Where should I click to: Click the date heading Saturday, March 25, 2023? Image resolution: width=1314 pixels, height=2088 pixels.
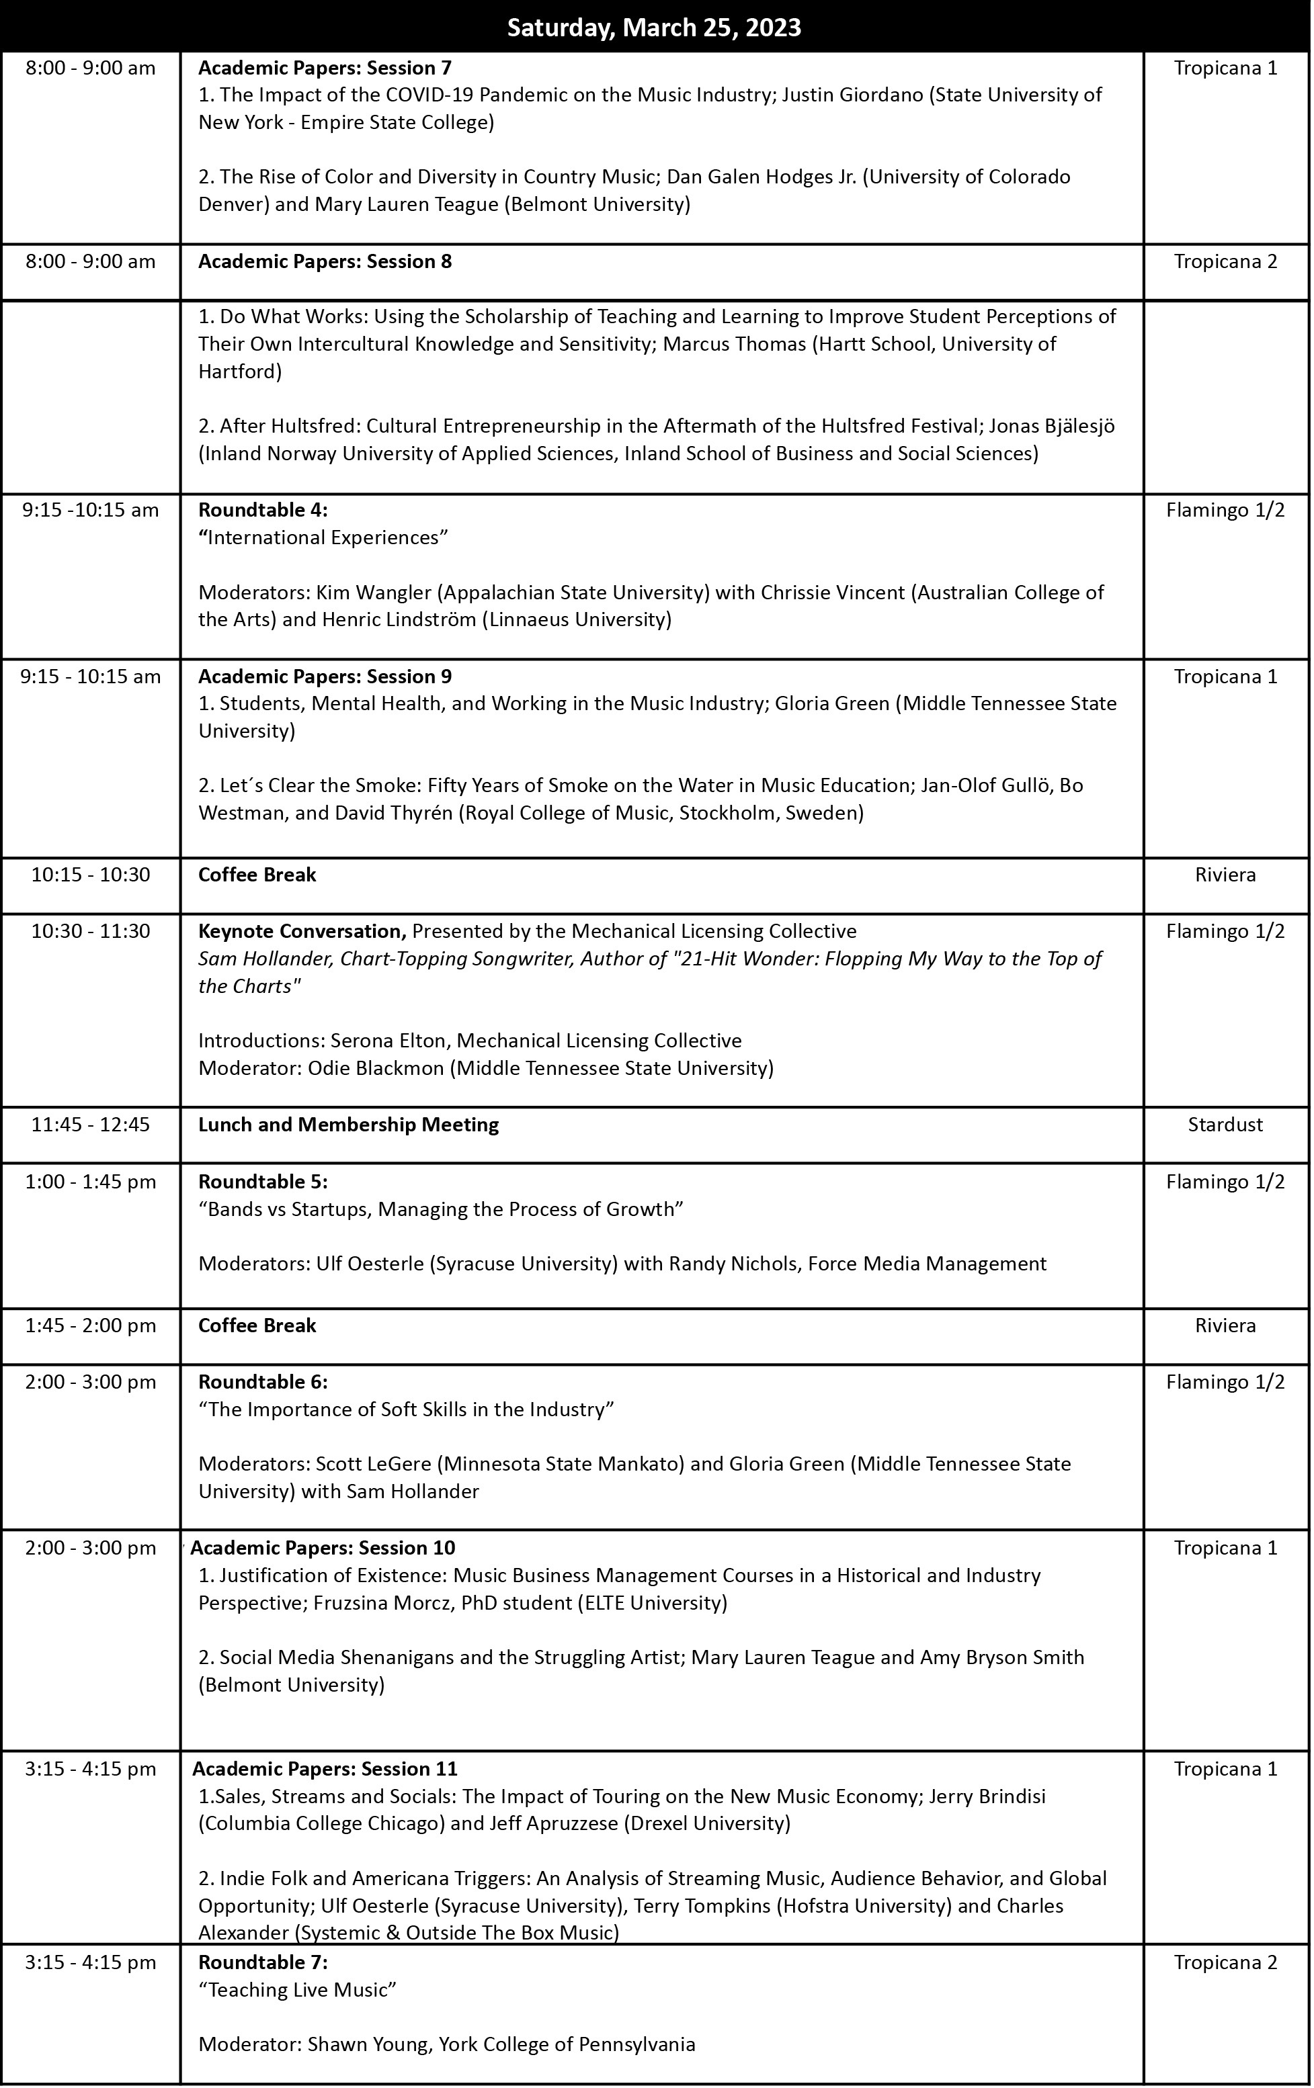(x=654, y=28)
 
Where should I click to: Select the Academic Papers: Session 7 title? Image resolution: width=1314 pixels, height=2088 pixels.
(x=325, y=68)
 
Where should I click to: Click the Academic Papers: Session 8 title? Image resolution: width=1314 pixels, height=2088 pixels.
(x=325, y=262)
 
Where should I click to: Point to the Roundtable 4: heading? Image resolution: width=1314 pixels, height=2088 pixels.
(x=263, y=510)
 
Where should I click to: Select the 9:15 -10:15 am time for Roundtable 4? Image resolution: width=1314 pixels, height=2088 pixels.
(x=91, y=510)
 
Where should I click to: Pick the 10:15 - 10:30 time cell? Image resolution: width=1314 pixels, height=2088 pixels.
(x=91, y=874)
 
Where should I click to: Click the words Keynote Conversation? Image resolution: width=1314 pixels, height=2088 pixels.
(x=301, y=931)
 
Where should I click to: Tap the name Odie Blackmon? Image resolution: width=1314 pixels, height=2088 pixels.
(x=376, y=1068)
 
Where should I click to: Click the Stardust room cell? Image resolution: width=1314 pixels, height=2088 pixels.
(x=1225, y=1125)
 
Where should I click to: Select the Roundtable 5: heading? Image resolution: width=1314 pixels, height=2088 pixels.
(x=263, y=1182)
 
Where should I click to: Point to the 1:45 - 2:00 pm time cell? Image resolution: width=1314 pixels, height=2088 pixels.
(x=91, y=1325)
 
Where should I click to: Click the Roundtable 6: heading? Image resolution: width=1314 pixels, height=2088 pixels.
(x=263, y=1382)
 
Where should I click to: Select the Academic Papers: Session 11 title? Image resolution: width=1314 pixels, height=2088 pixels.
(x=325, y=1769)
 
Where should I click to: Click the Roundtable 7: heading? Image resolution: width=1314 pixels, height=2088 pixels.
(x=263, y=1962)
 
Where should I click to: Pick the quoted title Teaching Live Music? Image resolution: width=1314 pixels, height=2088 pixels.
(x=298, y=1990)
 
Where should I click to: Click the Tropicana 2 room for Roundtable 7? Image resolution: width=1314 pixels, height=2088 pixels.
(x=1225, y=1962)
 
